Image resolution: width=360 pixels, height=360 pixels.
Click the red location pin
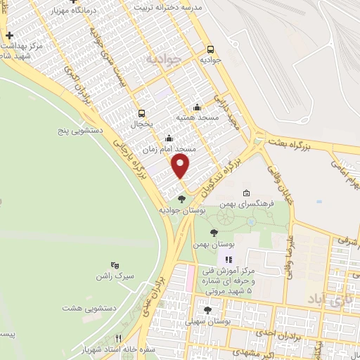181,166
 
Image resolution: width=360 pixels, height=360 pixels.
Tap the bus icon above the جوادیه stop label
211,49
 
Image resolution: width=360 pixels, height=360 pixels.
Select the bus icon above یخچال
142,112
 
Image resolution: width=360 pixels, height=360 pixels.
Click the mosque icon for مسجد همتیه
197,108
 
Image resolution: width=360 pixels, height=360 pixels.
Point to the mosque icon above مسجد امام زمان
169,139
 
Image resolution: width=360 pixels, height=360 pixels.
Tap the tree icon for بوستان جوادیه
182,199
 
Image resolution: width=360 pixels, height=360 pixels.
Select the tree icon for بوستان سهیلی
207,309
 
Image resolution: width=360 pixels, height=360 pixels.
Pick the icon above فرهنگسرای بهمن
245,193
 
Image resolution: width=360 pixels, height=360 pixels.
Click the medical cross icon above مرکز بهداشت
8,35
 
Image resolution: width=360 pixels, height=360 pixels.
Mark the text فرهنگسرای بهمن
245,204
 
